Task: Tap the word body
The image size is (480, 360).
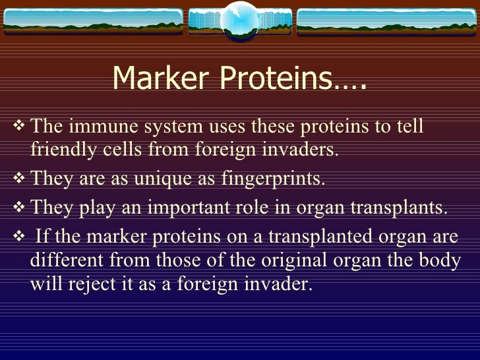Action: point(442,260)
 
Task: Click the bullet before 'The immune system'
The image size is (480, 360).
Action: point(18,126)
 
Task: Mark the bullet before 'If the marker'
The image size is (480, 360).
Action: point(18,237)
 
